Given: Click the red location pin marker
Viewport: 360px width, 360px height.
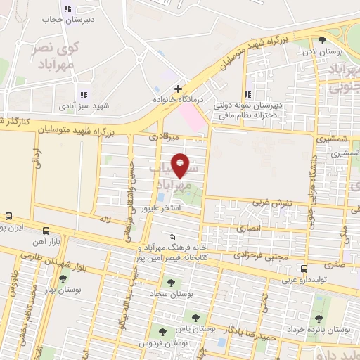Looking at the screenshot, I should click(180, 165).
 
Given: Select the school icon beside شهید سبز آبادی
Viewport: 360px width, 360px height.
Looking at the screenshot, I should click(84, 95).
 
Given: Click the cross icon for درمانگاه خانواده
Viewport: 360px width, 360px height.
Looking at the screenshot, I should click(179, 89).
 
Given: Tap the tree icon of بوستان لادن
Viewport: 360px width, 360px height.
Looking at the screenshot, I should click(322, 41).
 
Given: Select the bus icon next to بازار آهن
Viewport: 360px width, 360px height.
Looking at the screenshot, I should click(46, 231).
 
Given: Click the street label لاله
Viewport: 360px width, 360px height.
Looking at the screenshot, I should click(106, 220).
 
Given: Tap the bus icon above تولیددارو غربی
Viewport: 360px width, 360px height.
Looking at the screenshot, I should click(304, 269).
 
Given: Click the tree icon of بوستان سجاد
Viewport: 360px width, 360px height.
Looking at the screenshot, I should click(171, 283).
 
